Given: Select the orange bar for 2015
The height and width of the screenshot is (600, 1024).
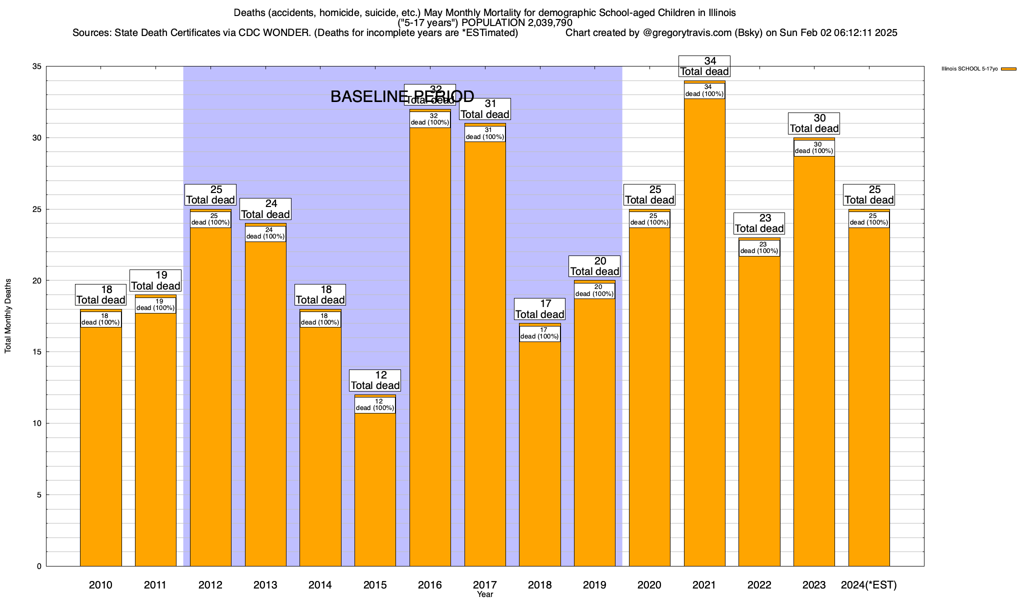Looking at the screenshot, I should (375, 490).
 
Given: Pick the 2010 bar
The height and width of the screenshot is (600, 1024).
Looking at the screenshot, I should (101, 445).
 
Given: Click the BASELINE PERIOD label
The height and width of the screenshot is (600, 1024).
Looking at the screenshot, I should (402, 96).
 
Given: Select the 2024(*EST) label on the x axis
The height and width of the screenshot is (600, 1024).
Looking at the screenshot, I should (869, 585).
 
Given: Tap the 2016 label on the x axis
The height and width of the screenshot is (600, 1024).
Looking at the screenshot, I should (430, 585).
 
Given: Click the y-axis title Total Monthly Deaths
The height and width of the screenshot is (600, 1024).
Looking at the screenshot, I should (8, 316).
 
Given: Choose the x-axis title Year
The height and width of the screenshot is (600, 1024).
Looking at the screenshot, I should (485, 594).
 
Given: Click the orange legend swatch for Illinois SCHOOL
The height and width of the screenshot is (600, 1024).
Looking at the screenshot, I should (1008, 69).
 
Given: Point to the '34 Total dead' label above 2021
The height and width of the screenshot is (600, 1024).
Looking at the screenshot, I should (704, 66).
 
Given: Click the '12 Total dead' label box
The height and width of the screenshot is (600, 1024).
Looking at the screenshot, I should (375, 380).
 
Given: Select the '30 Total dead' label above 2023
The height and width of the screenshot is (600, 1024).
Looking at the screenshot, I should (814, 123).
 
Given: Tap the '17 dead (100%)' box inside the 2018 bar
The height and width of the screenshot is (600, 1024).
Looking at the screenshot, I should (539, 333).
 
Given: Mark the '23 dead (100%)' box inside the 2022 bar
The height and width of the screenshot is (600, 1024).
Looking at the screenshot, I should (759, 248).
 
